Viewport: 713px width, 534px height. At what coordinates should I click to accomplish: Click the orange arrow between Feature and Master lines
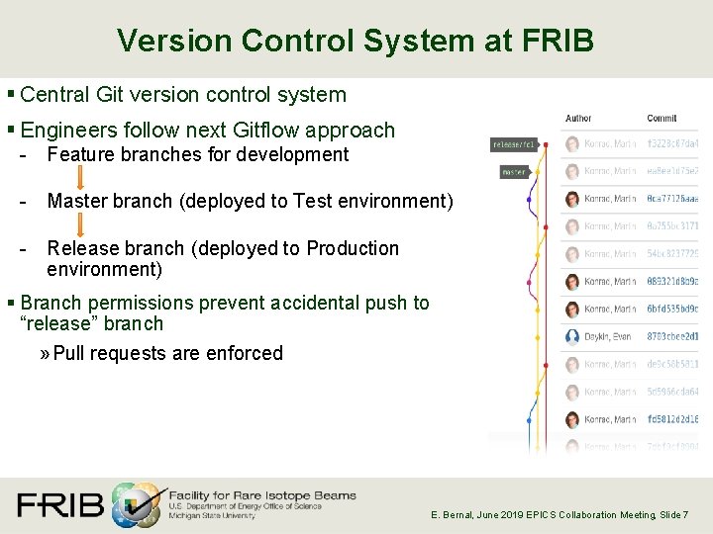pos(79,177)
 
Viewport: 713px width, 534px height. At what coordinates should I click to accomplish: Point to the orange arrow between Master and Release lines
pos(79,224)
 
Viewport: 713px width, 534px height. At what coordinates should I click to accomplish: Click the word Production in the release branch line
pos(353,248)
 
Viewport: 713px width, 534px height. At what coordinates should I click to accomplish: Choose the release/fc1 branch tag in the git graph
pos(514,144)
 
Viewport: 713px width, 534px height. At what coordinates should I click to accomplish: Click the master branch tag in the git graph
pos(514,172)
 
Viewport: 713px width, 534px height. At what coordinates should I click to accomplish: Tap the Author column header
pos(578,119)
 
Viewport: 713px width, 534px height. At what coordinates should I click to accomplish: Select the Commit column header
pos(662,119)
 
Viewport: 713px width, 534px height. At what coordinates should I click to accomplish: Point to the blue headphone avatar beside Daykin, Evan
pos(571,336)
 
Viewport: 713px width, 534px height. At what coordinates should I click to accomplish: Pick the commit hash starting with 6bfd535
pos(672,309)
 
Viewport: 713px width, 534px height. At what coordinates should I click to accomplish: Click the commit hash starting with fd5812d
pos(672,419)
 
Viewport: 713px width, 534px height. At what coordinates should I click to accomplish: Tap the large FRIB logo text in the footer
pos(60,504)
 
